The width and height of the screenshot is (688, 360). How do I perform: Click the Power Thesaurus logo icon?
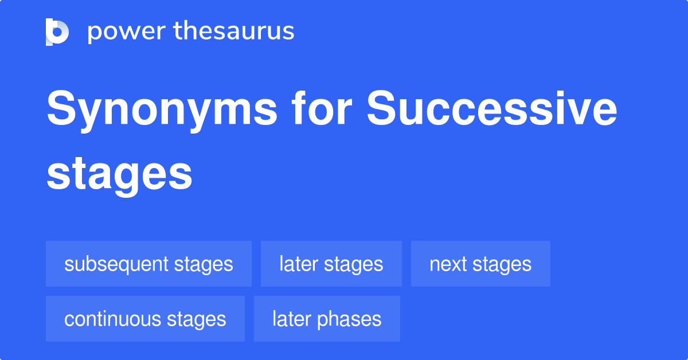pyautogui.click(x=57, y=32)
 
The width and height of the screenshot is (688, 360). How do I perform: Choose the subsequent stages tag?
pyautogui.click(x=148, y=264)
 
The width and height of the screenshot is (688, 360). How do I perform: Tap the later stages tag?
pyautogui.click(x=331, y=264)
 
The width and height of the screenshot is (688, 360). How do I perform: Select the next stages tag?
pyautogui.click(x=480, y=264)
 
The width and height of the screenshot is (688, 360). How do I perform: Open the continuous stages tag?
pyautogui.click(x=145, y=319)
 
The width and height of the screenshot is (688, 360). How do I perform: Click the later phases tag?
pyautogui.click(x=327, y=319)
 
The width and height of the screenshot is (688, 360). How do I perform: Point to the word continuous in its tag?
pyautogui.click(x=113, y=319)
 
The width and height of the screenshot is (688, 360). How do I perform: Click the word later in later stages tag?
pyautogui.click(x=298, y=264)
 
